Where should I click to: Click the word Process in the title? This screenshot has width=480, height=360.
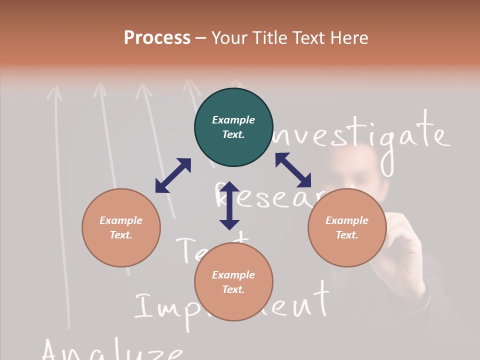[157, 37]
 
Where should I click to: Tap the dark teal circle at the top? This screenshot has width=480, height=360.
[233, 127]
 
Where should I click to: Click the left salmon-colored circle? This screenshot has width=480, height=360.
[121, 227]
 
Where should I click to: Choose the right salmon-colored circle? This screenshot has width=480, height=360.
[347, 227]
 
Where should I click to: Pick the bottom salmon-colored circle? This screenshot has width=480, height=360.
[233, 282]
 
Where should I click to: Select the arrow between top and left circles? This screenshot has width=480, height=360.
[173, 175]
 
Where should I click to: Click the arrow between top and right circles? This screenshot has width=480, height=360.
[293, 170]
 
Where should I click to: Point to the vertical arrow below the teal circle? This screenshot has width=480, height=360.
[229, 205]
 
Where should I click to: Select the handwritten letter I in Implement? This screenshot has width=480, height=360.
[143, 306]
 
